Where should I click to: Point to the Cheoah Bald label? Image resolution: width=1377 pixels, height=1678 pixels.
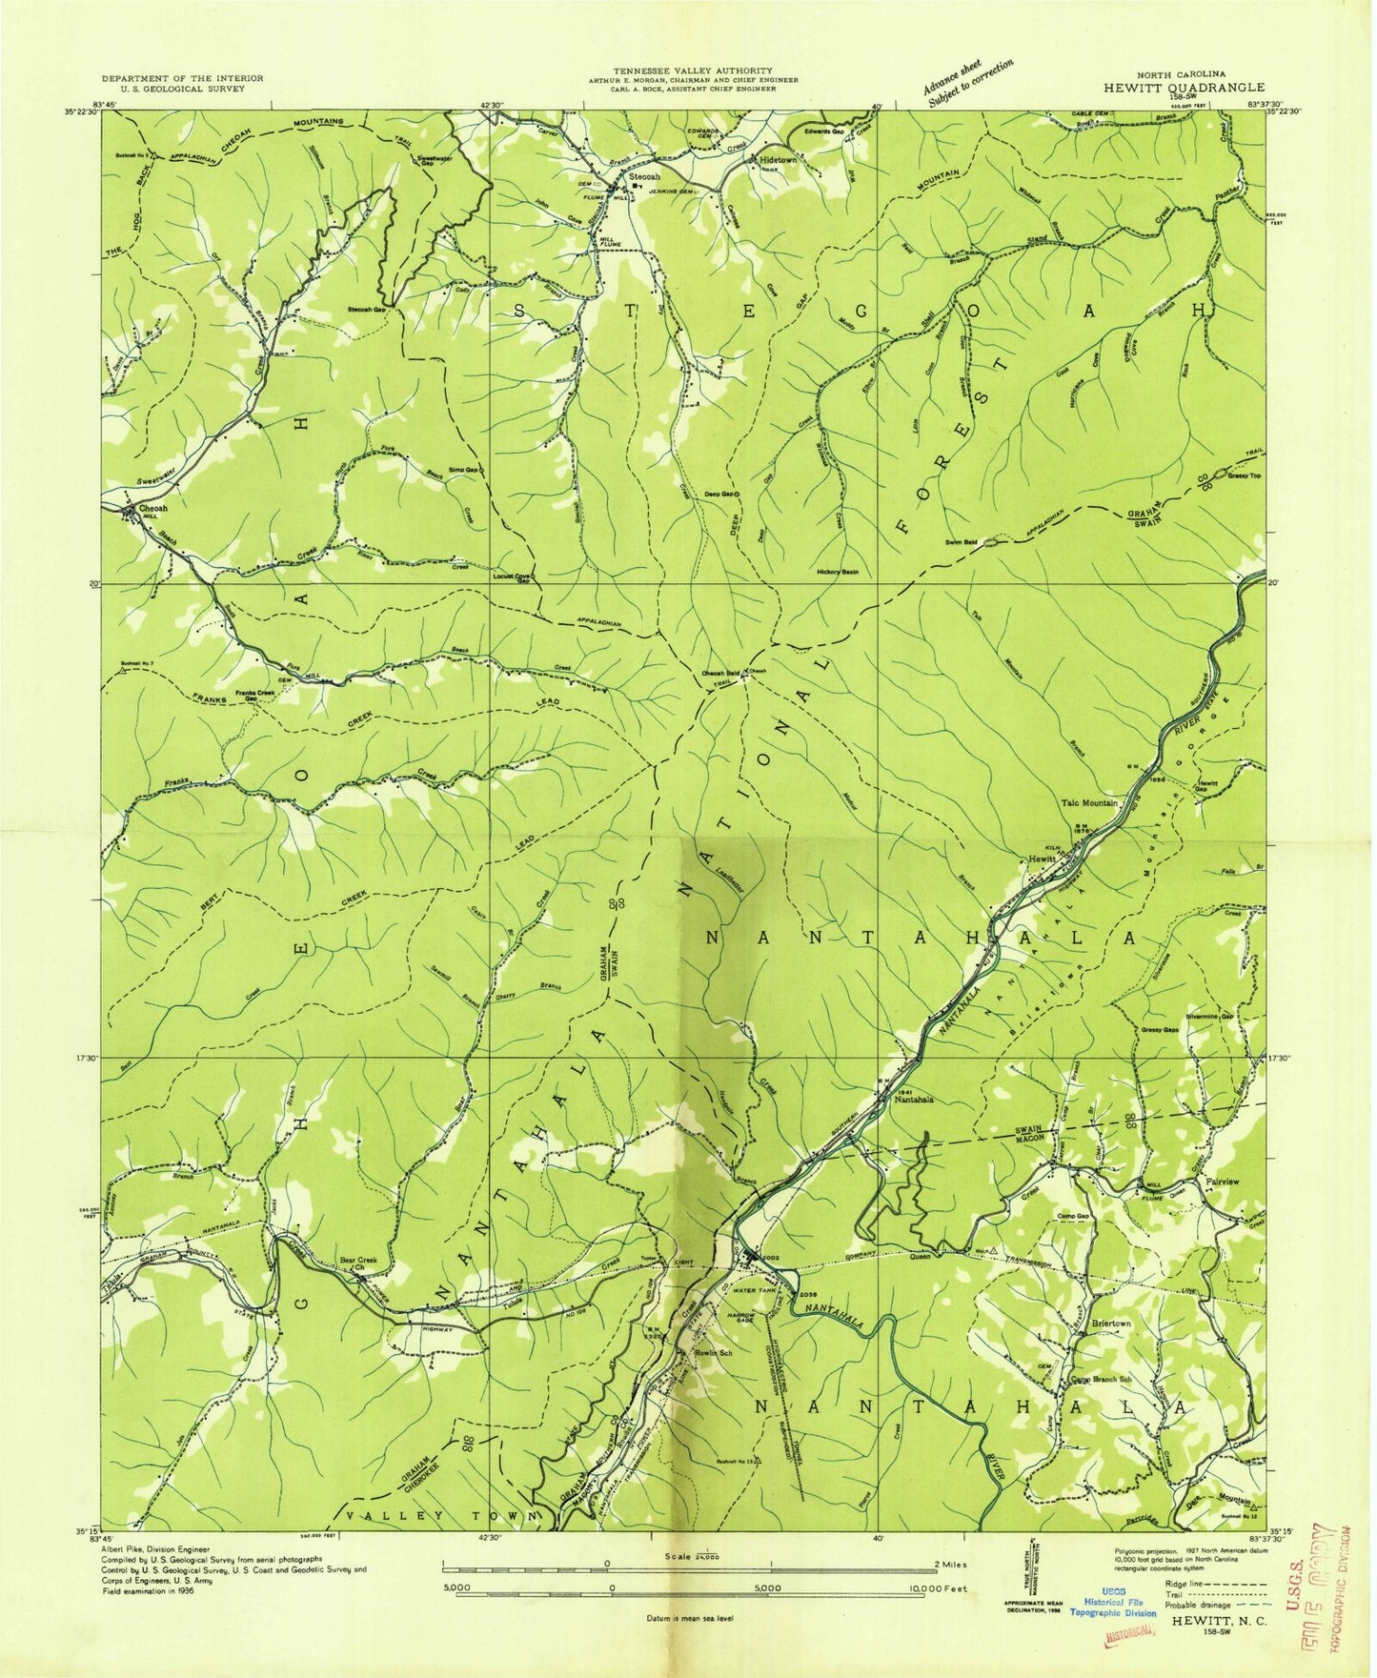(721, 671)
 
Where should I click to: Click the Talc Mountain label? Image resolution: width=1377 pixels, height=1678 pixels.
(1088, 803)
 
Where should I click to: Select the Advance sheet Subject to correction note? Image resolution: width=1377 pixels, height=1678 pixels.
(967, 82)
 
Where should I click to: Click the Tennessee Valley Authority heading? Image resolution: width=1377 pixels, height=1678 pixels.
(692, 71)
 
